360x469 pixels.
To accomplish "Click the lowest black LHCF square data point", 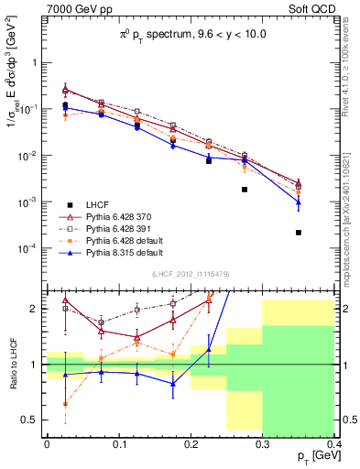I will point(299,233).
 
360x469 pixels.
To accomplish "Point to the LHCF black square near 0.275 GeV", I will point(245,190).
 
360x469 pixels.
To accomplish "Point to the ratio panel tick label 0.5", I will point(33,420).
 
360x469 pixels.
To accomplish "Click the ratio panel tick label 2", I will point(37,310).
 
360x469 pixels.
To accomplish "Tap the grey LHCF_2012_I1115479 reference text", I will point(191,273).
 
